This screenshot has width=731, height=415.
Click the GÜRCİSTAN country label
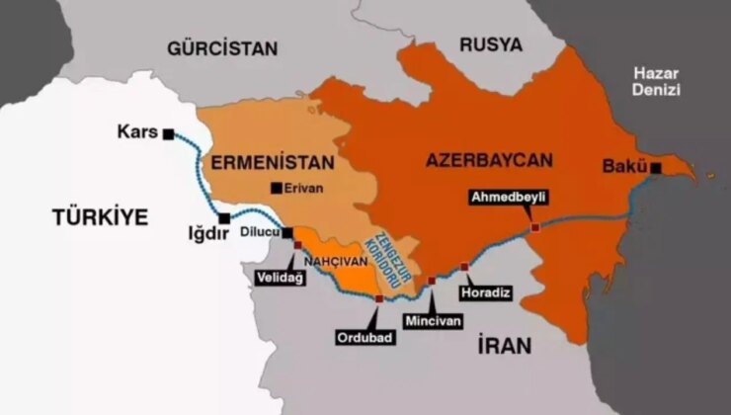(222, 47)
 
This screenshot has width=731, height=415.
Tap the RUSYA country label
(491, 44)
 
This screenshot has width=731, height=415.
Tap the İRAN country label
(504, 346)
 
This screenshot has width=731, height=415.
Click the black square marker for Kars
(170, 133)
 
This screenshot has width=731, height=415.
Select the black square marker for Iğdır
(225, 218)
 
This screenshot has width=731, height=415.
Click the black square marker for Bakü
(655, 167)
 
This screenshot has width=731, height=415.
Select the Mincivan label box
(433, 321)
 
